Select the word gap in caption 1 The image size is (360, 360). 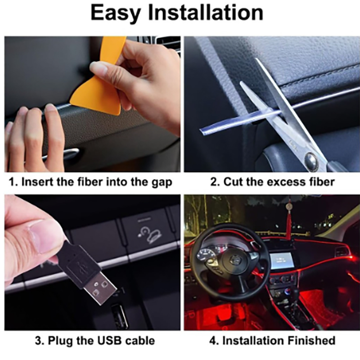point(162,183)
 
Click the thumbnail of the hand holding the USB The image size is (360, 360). point(92,262)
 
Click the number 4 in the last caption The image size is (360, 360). point(212,341)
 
